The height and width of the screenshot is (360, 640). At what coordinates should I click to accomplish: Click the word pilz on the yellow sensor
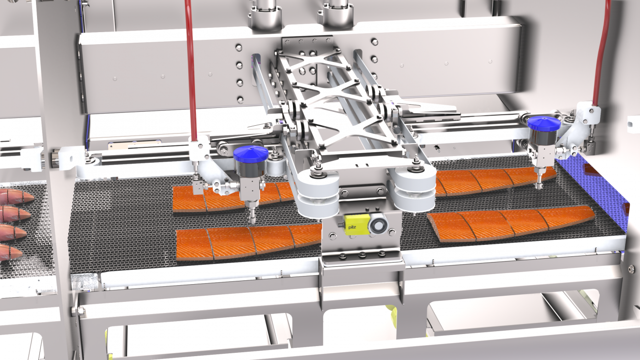click(x=352, y=228)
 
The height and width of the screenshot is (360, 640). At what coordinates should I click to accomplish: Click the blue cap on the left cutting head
click(x=251, y=154)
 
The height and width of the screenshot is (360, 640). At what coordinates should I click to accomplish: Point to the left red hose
click(x=191, y=70)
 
